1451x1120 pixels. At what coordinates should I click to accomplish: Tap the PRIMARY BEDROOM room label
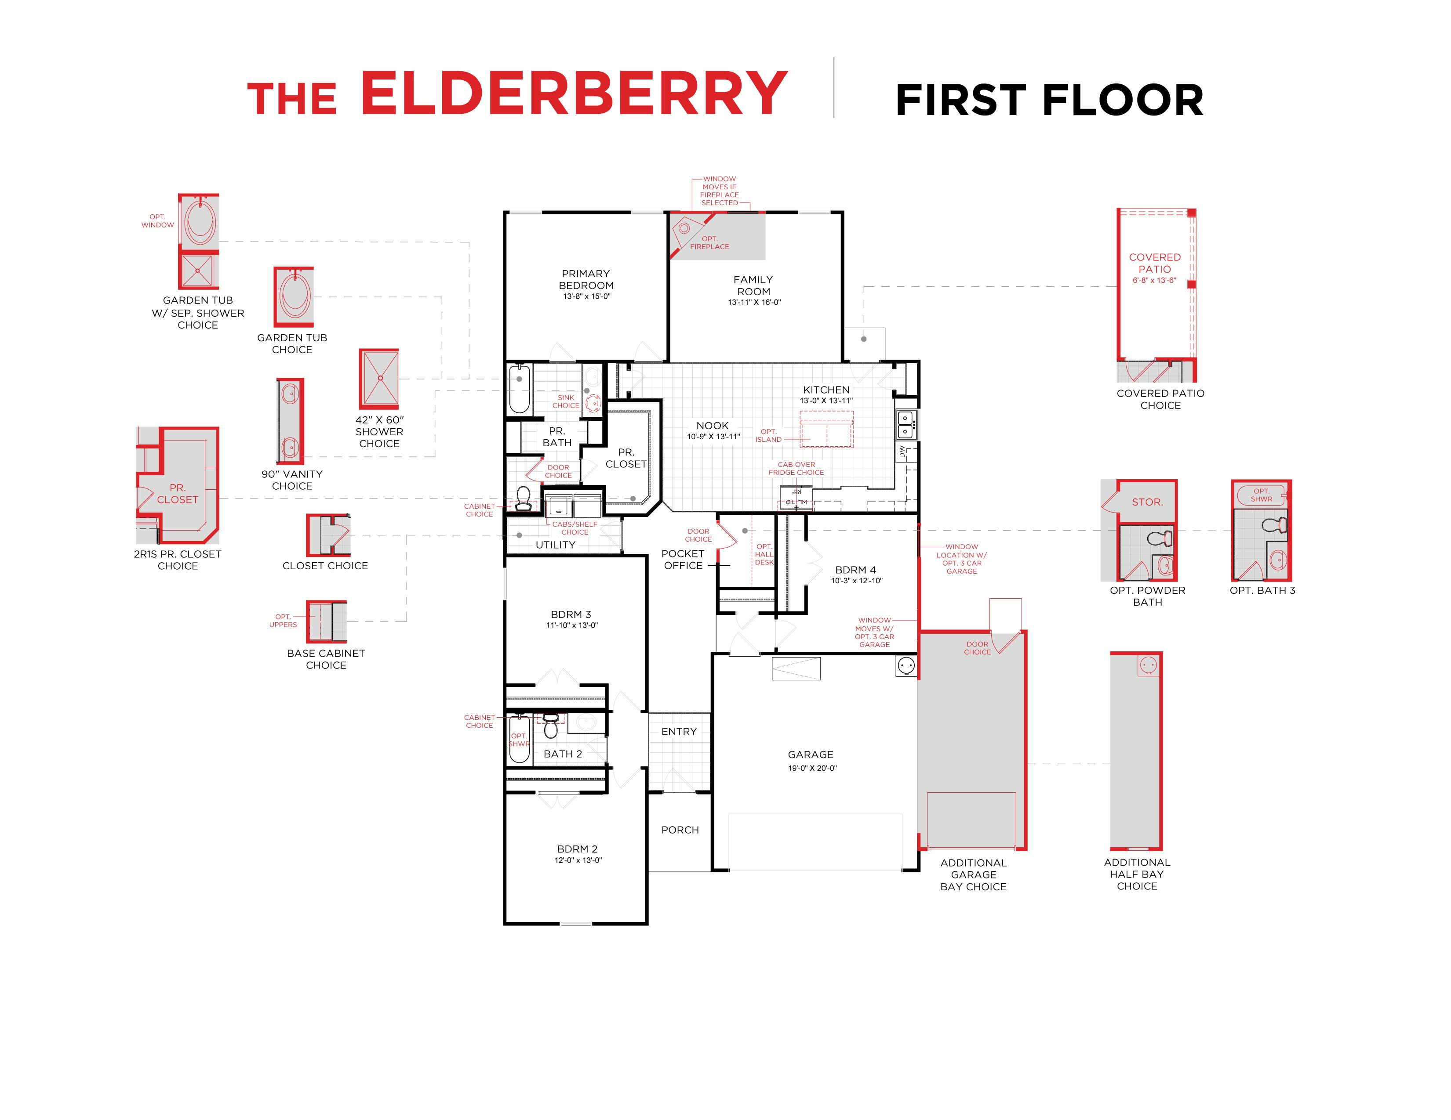(x=586, y=279)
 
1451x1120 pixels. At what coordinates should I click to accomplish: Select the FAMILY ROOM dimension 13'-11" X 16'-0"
(x=754, y=303)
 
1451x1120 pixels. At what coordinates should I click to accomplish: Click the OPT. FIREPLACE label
(x=709, y=243)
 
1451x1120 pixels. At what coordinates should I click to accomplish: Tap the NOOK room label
(x=712, y=426)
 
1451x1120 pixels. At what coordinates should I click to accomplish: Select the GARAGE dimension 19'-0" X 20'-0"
(x=812, y=768)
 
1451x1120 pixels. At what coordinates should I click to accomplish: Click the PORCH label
(x=680, y=830)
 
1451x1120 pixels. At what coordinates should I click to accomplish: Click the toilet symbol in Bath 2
(x=551, y=726)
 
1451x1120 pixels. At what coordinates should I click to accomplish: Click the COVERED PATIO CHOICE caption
(x=1160, y=399)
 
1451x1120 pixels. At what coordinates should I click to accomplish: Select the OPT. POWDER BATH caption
(x=1147, y=596)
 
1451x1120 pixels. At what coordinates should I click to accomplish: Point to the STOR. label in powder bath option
(x=1147, y=502)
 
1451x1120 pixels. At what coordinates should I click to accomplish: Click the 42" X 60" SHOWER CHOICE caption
(x=379, y=432)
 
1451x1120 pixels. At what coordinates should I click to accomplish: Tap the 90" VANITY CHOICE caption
(x=292, y=480)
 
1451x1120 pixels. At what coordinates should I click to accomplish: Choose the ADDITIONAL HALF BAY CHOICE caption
(x=1137, y=874)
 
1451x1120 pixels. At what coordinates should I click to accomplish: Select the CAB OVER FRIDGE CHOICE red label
(x=796, y=469)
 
